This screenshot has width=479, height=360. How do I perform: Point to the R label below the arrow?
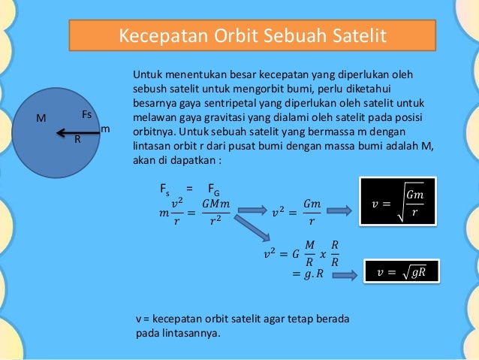77,139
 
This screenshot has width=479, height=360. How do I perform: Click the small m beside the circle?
105,129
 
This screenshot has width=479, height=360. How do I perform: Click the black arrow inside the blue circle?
76,133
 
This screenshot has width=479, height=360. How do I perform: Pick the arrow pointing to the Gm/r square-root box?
342,210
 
